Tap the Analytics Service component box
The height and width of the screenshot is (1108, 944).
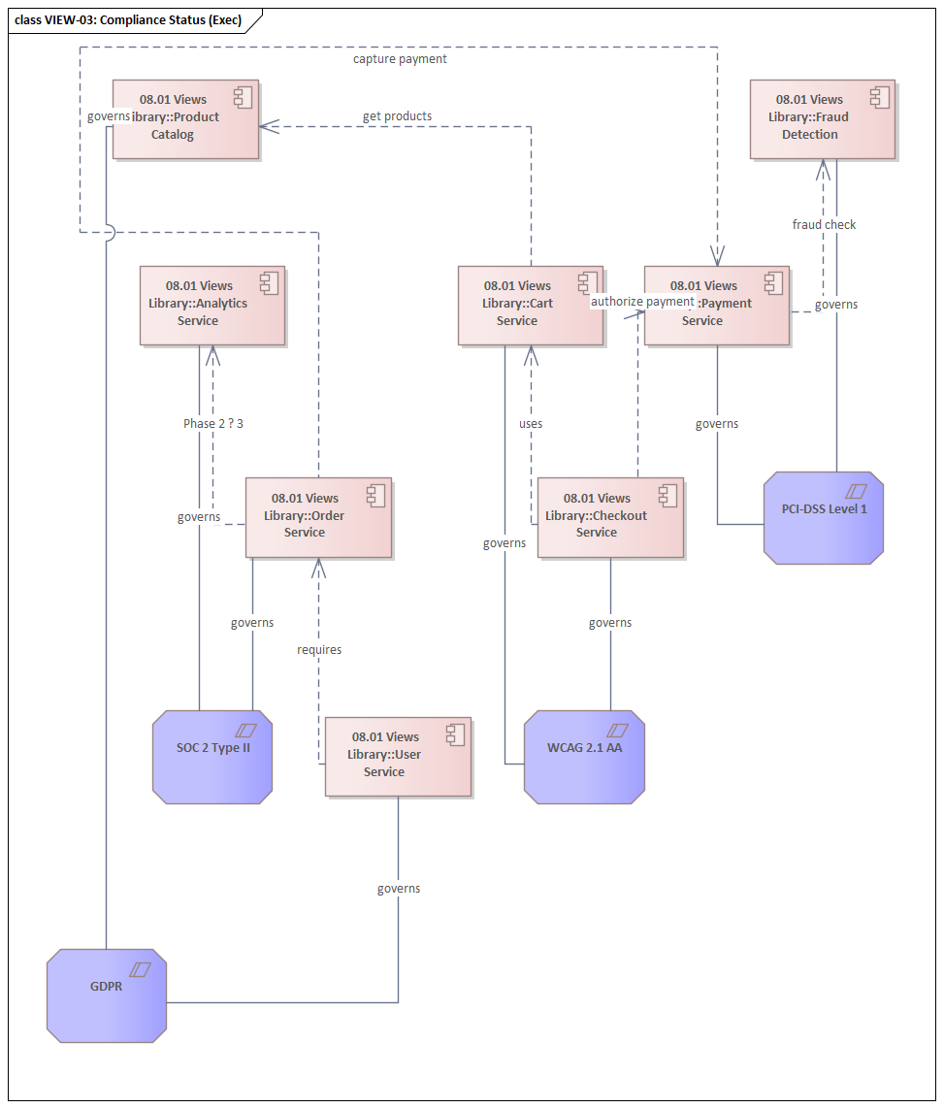[212, 305]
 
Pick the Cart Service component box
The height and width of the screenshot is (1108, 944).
[530, 305]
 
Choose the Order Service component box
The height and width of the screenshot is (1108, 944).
[318, 517]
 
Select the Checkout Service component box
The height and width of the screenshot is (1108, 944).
[610, 517]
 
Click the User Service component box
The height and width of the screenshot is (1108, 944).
[398, 757]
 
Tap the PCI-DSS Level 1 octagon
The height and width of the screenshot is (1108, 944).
[823, 517]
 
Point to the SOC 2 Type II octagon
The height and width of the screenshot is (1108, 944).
[212, 757]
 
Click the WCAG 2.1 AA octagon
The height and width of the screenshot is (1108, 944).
[584, 757]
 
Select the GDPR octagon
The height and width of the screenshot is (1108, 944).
[106, 995]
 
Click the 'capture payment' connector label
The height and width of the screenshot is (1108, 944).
[400, 59]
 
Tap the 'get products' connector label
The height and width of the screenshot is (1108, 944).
[397, 116]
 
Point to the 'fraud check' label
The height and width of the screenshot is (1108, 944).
[824, 225]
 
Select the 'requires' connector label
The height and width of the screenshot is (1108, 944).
[319, 650]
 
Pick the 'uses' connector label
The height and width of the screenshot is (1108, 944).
[531, 424]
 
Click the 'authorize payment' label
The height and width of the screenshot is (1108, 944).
[642, 302]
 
